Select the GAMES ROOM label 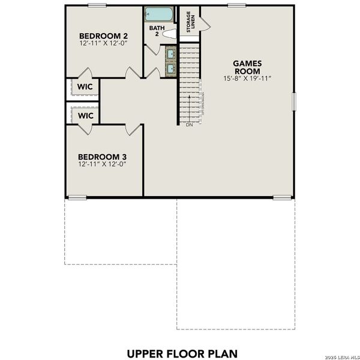click(x=246, y=66)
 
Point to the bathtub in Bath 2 click(x=157, y=14)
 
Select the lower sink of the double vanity click(x=171, y=69)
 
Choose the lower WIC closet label click(x=84, y=115)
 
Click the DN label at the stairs click(x=189, y=125)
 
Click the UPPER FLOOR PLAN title click(x=181, y=352)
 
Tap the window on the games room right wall click(x=294, y=101)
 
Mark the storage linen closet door click(x=205, y=22)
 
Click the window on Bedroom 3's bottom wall click(x=76, y=197)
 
